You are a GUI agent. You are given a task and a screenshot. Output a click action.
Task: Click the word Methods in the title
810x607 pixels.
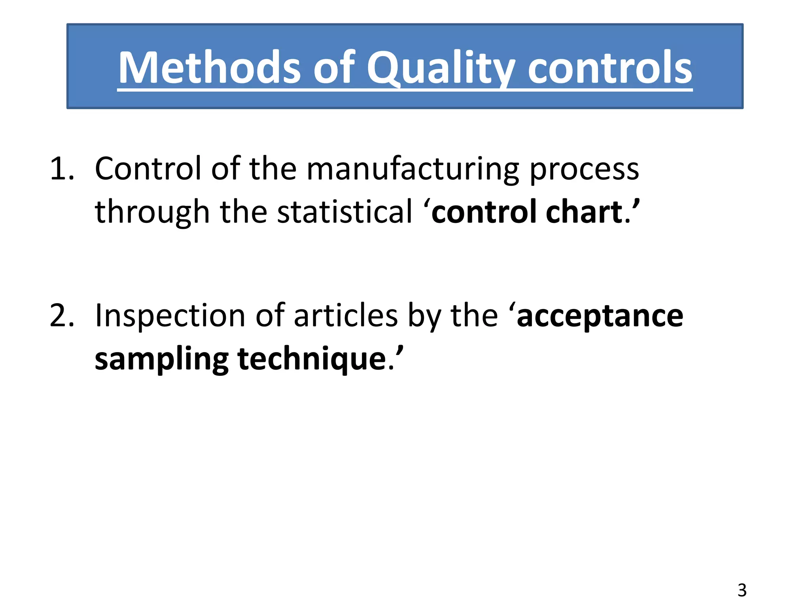click(210, 68)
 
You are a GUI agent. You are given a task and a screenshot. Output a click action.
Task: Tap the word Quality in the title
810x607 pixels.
click(441, 68)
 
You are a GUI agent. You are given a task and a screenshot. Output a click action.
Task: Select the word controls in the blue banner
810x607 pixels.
click(610, 68)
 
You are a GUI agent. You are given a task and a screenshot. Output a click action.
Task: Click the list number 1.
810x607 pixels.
click(62, 169)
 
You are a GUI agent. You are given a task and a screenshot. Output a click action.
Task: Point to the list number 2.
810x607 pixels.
click(62, 316)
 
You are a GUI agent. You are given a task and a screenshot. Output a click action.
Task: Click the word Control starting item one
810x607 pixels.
click(148, 169)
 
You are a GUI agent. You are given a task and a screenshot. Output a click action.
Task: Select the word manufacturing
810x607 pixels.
click(413, 169)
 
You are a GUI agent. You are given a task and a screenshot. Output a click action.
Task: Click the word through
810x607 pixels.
click(152, 213)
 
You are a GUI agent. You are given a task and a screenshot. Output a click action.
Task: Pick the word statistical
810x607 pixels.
click(344, 212)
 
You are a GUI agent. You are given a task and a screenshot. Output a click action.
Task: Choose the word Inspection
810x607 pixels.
click(170, 317)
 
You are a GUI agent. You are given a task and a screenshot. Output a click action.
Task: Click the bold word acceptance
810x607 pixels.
click(600, 317)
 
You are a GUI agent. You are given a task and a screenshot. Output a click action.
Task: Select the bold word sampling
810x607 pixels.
click(161, 360)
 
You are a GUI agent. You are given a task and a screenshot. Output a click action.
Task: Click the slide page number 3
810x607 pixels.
click(742, 590)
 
